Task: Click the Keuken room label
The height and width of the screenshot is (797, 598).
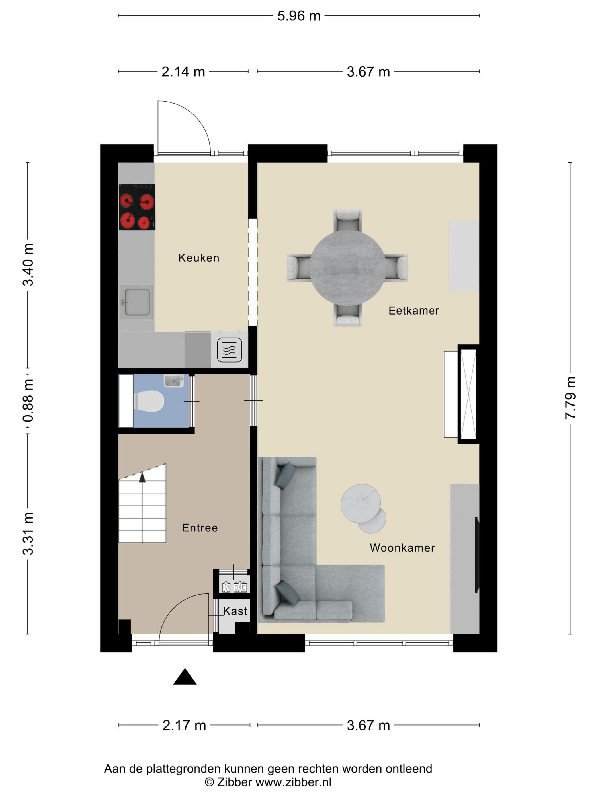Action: click(198, 258)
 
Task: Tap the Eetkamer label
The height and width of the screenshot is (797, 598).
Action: click(413, 311)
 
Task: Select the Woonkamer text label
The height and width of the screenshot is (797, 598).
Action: click(402, 548)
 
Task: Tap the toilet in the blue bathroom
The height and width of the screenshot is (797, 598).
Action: click(149, 401)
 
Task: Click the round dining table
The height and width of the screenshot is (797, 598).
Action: click(347, 268)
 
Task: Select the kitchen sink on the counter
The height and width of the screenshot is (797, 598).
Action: click(136, 302)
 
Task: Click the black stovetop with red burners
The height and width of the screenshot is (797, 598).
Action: click(137, 207)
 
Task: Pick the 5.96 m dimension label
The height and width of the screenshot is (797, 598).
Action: click(299, 16)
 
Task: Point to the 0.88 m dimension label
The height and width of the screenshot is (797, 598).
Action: click(28, 400)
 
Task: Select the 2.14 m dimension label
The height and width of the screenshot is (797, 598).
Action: click(183, 72)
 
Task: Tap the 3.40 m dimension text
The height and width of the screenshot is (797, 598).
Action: click(28, 265)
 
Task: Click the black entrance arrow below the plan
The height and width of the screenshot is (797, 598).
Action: click(185, 676)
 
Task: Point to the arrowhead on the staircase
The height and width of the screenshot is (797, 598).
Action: click(142, 477)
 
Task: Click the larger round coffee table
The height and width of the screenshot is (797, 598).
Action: click(361, 503)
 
